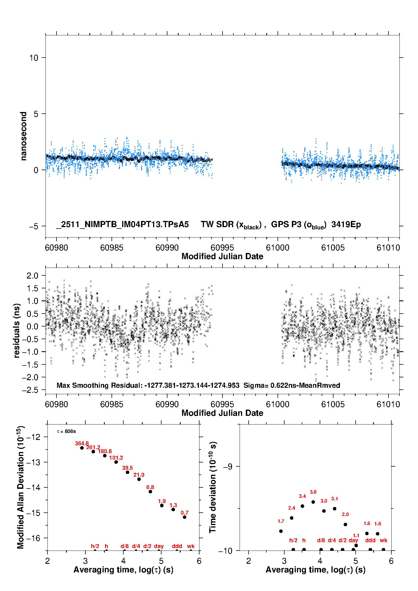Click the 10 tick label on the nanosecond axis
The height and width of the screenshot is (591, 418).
[x=33, y=58]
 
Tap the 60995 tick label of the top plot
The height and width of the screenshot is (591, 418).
[x=222, y=248]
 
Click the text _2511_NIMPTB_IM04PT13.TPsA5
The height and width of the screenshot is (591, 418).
[x=122, y=225]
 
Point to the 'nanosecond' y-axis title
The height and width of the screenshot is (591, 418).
[x=24, y=136]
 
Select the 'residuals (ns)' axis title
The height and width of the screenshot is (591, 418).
[x=17, y=330]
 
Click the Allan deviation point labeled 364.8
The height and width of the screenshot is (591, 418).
[x=82, y=448]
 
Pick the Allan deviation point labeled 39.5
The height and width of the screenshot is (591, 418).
[x=128, y=472]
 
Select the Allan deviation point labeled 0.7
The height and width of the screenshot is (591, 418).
[x=185, y=517]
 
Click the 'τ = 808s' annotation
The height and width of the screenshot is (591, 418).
[x=66, y=432]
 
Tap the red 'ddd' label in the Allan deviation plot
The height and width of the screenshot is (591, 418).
[x=177, y=546]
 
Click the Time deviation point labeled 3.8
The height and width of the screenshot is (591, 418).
[x=313, y=502]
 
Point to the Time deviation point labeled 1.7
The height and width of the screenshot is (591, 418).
[x=281, y=531]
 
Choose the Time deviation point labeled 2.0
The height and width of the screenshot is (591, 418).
[x=346, y=524]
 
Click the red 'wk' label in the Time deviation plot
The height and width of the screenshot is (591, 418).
[x=383, y=540]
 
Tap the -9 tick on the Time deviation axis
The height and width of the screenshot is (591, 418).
[x=228, y=467]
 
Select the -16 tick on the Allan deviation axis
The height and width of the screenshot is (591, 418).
[x=33, y=538]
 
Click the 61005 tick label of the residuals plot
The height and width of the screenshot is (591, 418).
[x=333, y=404]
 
